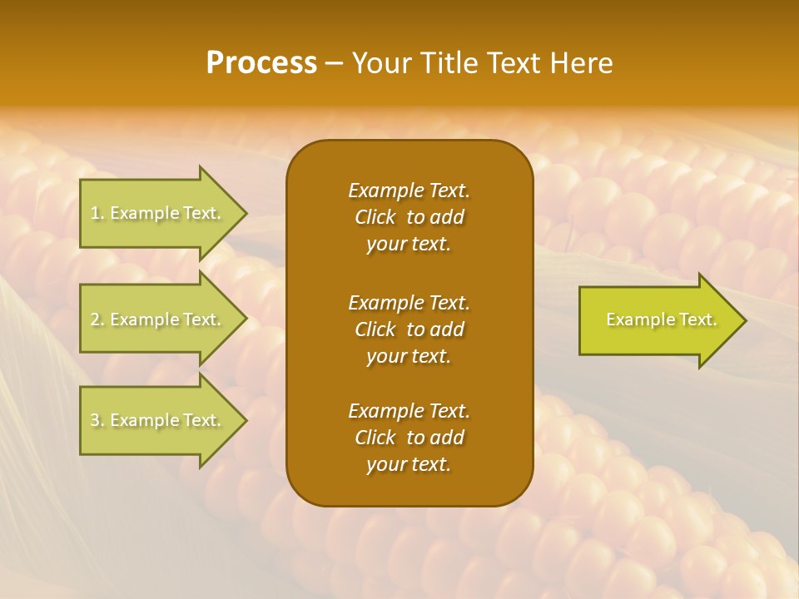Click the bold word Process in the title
(x=261, y=63)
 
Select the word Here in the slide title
(x=581, y=63)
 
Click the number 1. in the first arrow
(x=97, y=213)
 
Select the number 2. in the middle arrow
(x=97, y=319)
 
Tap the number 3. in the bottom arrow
(x=97, y=421)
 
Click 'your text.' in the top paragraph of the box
(x=409, y=245)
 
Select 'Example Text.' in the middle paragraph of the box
(x=409, y=302)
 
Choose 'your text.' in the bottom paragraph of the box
(x=409, y=465)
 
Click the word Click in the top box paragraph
(x=375, y=217)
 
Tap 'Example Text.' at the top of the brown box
(x=409, y=191)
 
